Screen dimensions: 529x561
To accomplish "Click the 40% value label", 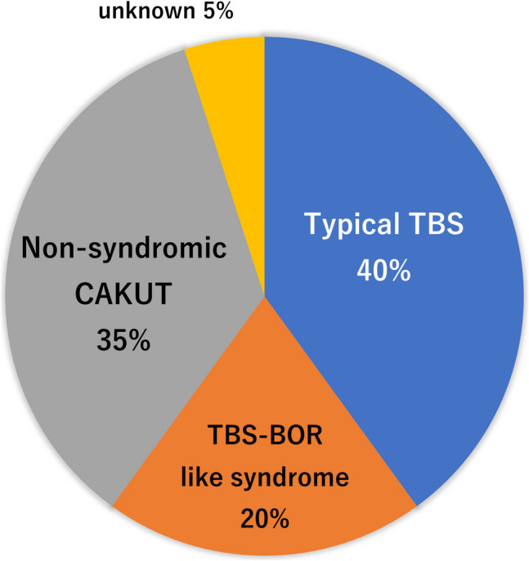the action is [383, 270].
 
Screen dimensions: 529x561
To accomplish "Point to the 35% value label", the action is [123, 339].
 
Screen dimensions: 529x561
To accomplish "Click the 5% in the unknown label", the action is [201, 12].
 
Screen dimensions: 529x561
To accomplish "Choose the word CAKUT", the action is [123, 293].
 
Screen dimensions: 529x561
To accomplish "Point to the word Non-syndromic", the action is [123, 247].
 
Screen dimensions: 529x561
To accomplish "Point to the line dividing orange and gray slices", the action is [189, 401].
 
